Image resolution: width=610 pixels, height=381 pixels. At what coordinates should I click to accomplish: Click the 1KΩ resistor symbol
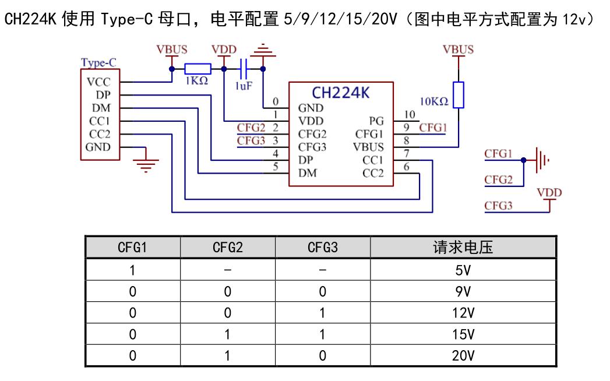tap(197, 69)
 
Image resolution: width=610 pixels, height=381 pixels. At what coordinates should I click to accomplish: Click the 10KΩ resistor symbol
tap(459, 95)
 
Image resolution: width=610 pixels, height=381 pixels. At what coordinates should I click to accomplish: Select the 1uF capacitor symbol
tap(244, 69)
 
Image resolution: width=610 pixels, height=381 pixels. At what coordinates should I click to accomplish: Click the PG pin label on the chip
tap(376, 121)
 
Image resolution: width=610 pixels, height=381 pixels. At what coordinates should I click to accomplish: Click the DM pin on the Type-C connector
tap(101, 108)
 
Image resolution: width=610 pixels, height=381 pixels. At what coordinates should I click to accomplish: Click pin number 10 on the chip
tap(410, 114)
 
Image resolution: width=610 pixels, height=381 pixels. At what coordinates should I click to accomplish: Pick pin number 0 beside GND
tap(276, 101)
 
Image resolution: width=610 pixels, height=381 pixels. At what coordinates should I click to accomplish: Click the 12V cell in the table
tap(463, 313)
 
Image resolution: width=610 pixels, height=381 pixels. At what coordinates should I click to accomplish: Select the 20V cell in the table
tap(463, 355)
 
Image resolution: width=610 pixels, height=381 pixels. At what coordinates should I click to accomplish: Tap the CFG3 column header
tap(322, 248)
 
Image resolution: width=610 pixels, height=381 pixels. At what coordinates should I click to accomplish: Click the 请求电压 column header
tap(463, 248)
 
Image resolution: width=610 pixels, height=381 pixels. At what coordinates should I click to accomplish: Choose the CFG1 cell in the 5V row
tap(132, 270)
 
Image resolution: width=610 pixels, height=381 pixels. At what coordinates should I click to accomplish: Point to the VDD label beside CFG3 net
tap(549, 193)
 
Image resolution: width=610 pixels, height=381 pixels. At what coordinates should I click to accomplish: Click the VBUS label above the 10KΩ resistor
tap(458, 50)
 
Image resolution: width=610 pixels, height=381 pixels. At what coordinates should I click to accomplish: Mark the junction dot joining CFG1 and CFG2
tap(523, 160)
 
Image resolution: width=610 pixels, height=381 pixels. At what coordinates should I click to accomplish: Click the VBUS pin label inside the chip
tap(368, 147)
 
